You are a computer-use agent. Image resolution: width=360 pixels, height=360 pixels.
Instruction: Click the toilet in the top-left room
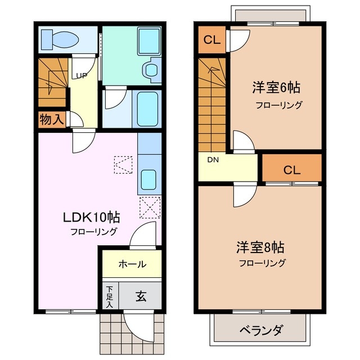coord(62,39)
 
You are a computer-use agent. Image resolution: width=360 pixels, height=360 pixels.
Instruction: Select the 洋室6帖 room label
coord(275,88)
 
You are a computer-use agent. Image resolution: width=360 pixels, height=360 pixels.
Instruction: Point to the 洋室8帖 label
coord(259,247)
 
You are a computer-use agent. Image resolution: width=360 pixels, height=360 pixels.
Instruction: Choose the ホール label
coord(132,264)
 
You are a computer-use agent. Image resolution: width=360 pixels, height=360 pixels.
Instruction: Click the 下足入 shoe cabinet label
coord(110,296)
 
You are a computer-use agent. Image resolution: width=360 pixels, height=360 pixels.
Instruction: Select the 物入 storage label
coord(51,119)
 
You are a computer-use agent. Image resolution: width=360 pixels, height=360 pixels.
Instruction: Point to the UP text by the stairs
coord(81,76)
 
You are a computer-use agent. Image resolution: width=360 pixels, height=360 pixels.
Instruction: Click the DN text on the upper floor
coord(213,160)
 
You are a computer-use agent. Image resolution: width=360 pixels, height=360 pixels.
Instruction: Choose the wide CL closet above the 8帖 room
coord(291,169)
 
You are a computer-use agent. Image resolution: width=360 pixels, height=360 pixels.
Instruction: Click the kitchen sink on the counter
coord(150,179)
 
